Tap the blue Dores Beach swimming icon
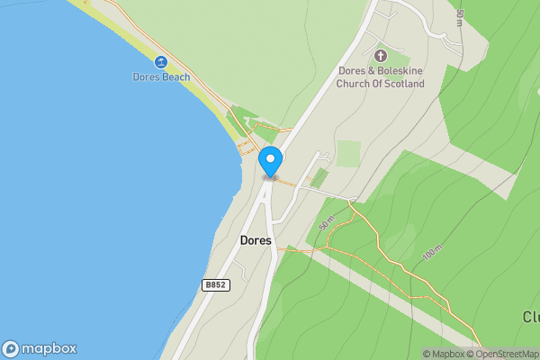click(160, 62)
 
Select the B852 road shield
click(215, 284)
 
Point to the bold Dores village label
click(256, 240)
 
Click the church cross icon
click(380, 56)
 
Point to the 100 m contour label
click(431, 254)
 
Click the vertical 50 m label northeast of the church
click(458, 17)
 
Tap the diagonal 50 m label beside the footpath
click(325, 222)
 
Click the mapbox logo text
click(49, 348)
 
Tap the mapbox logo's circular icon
click(11, 348)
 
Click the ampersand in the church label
click(370, 71)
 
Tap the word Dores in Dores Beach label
click(146, 76)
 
